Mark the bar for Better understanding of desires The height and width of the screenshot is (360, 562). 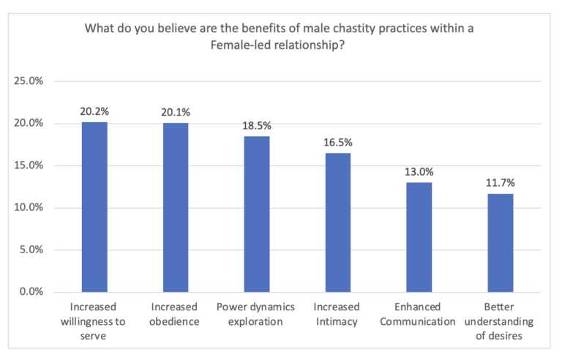500,242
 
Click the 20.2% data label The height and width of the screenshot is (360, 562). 94,112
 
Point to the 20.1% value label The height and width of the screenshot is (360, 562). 175,113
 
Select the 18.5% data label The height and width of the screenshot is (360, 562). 256,126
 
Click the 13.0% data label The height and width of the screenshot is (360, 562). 419,173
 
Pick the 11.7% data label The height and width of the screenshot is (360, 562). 500,184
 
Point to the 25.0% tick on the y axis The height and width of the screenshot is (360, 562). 29,81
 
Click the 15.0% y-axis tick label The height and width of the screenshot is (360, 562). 29,165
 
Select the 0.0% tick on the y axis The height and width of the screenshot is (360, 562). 32,292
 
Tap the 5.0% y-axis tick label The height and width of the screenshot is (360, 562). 32,250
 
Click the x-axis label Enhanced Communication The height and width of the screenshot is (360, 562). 419,312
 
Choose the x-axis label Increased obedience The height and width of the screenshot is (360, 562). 175,312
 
